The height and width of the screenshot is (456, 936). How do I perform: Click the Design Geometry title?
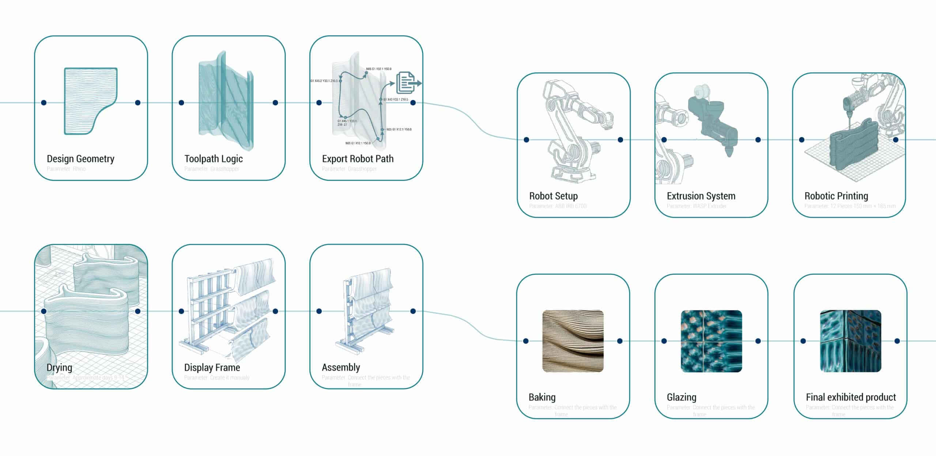pyautogui.click(x=80, y=159)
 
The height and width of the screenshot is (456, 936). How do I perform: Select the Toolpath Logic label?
pyautogui.click(x=214, y=159)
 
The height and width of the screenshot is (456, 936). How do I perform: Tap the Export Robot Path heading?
pyautogui.click(x=358, y=159)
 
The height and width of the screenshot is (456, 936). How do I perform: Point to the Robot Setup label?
pyautogui.click(x=553, y=196)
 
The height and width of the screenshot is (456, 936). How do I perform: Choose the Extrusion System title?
pyautogui.click(x=701, y=196)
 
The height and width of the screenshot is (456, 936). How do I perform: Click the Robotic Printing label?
pyautogui.click(x=836, y=196)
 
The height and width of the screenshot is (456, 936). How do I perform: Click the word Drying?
pyautogui.click(x=59, y=367)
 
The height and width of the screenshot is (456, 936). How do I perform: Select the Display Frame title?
pyautogui.click(x=212, y=367)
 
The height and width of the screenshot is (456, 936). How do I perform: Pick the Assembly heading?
pyautogui.click(x=341, y=367)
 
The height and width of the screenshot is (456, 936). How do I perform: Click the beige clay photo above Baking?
pyautogui.click(x=573, y=341)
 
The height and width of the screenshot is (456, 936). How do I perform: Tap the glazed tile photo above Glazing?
pyautogui.click(x=711, y=341)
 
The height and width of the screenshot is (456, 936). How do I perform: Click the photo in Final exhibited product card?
pyautogui.click(x=850, y=341)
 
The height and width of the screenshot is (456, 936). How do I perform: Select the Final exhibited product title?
pyautogui.click(x=851, y=397)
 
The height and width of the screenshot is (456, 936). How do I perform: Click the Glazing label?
pyautogui.click(x=682, y=397)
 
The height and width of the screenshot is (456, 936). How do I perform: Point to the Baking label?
pyautogui.click(x=542, y=397)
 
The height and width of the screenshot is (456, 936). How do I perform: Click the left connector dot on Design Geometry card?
pyautogui.click(x=44, y=103)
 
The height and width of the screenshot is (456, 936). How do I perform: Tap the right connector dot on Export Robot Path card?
pyautogui.click(x=413, y=103)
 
